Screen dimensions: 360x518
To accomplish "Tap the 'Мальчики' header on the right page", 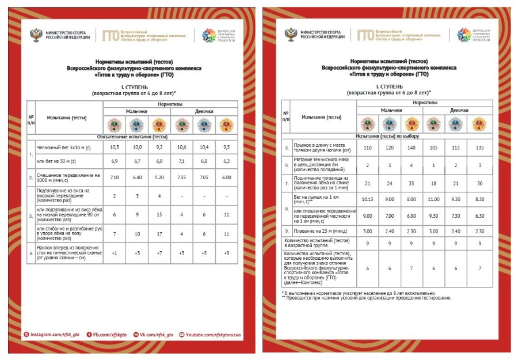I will [391, 110].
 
